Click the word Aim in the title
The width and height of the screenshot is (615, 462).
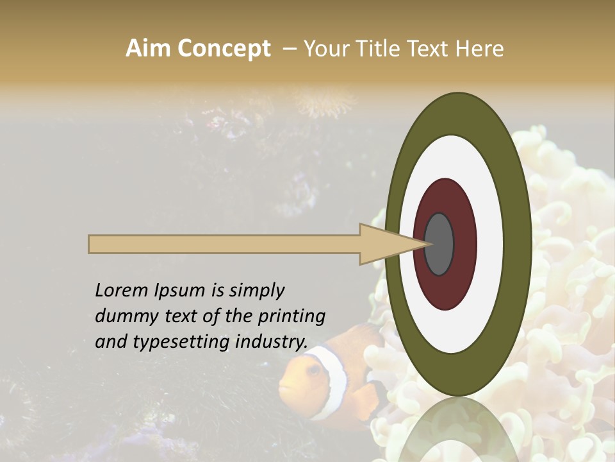coord(149,49)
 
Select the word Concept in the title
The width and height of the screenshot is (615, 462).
coord(224,49)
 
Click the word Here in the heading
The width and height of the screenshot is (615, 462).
coord(479,49)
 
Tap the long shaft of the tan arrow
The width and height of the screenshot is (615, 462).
coord(224,244)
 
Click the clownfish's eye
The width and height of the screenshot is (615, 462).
coord(313,370)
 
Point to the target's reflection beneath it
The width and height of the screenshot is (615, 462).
coord(459,430)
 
